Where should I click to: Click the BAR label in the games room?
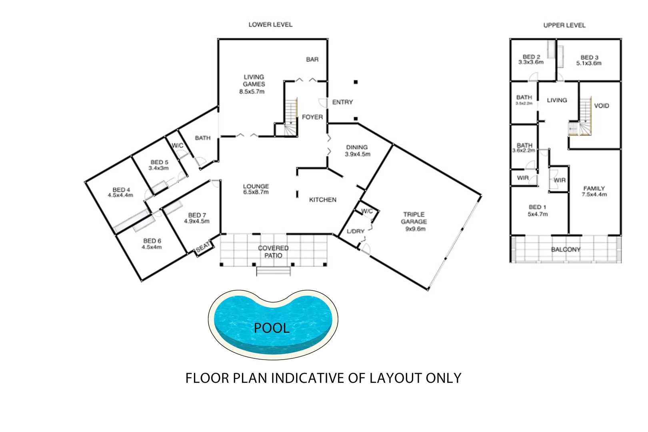[312, 60]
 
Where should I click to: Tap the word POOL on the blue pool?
[272, 328]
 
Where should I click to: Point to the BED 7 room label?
[197, 215]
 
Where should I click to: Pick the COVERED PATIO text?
[273, 252]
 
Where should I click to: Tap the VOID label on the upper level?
[601, 106]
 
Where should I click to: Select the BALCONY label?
[565, 250]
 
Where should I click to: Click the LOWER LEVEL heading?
[270, 25]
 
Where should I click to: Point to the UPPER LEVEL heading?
[564, 25]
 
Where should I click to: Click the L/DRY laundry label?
[355, 231]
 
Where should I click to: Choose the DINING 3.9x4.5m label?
[357, 151]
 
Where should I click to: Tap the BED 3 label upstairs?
[589, 58]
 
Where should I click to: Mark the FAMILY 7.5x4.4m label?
[594, 191]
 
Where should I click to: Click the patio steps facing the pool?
[273, 271]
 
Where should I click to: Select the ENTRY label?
[342, 102]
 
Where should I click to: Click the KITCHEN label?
[322, 200]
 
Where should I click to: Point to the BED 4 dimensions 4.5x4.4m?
[120, 195]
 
